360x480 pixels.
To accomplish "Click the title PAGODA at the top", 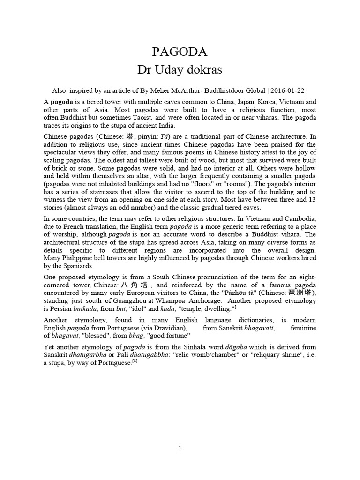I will point(180,52).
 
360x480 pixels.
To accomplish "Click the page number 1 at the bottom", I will point(180,449).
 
